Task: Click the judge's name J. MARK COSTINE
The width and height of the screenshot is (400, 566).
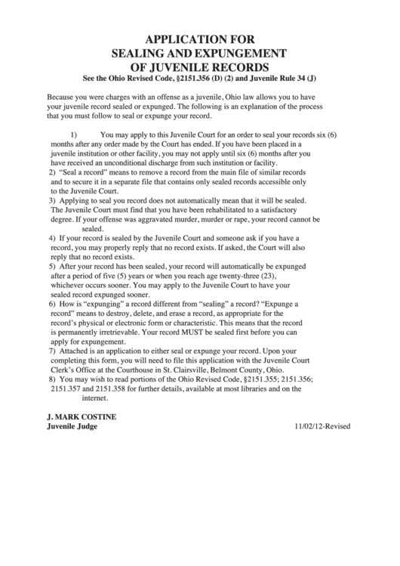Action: (82, 416)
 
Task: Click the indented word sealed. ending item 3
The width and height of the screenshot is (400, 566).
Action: (93, 228)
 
